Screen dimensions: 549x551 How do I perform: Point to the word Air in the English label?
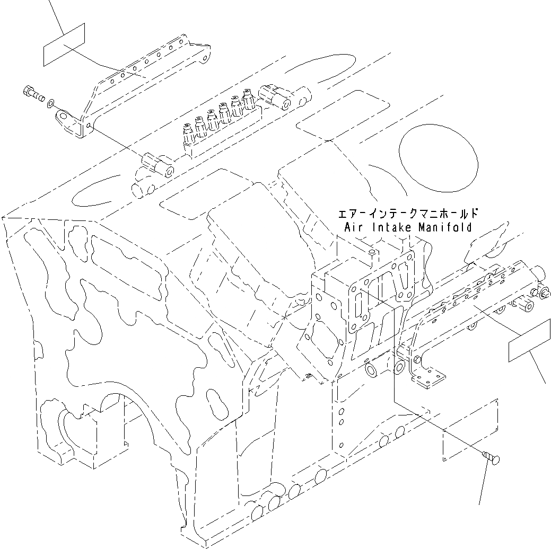click(353, 227)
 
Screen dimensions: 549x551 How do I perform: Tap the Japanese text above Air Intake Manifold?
click(408, 214)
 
